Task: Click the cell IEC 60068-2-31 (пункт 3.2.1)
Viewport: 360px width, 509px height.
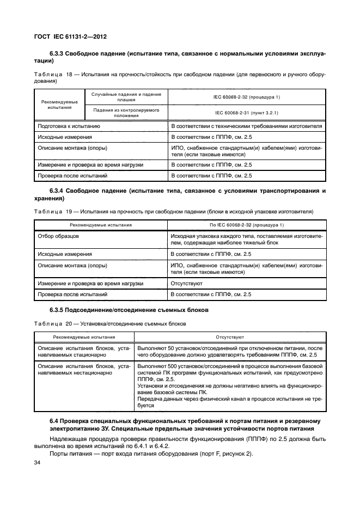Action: point(247,112)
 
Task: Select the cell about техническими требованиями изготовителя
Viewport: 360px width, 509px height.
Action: point(246,126)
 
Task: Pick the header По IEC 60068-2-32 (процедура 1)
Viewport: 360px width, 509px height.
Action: point(247,225)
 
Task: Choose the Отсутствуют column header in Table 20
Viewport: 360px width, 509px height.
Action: point(229,338)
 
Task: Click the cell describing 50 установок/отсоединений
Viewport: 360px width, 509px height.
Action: point(229,351)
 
